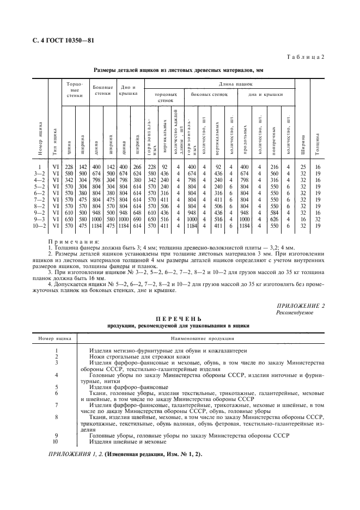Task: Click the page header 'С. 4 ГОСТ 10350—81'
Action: click(x=56, y=40)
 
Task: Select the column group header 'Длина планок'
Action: click(x=236, y=84)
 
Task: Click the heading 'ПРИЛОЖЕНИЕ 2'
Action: click(x=301, y=306)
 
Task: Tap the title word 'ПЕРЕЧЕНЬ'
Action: click(x=179, y=319)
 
